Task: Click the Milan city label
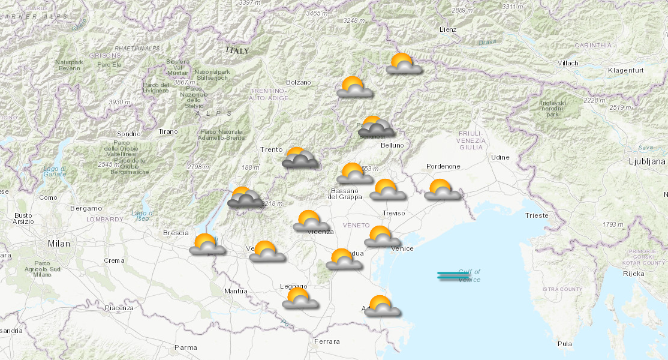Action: [59, 244]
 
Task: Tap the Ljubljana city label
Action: [647, 161]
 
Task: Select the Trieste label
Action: [536, 215]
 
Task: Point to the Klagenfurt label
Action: [625, 71]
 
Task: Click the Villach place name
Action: [567, 63]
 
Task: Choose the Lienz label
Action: [447, 29]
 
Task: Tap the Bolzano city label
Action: [299, 82]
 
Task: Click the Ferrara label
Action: [327, 341]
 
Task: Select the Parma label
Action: [185, 347]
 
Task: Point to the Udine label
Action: [500, 157]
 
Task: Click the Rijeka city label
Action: [633, 274]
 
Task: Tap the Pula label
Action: [564, 344]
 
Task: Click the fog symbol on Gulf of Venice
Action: [453, 276]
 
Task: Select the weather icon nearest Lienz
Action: [404, 64]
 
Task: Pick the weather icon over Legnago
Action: [300, 299]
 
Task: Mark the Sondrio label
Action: [129, 134]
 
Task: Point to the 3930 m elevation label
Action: [120, 102]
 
